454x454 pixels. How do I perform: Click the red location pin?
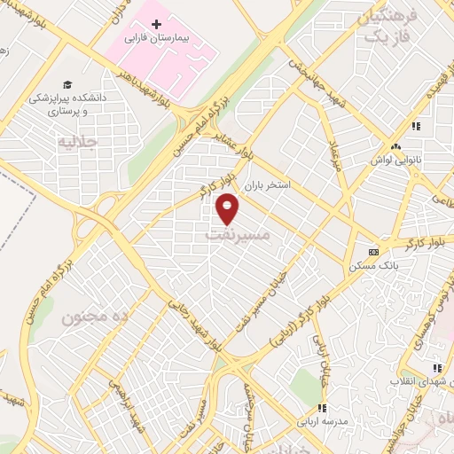click(x=228, y=209)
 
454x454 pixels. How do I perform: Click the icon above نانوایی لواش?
click(x=395, y=146)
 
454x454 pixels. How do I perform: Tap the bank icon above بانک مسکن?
click(x=373, y=251)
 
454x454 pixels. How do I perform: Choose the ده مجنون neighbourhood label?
click(x=96, y=317)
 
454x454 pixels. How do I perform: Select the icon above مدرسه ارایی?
click(x=323, y=408)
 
